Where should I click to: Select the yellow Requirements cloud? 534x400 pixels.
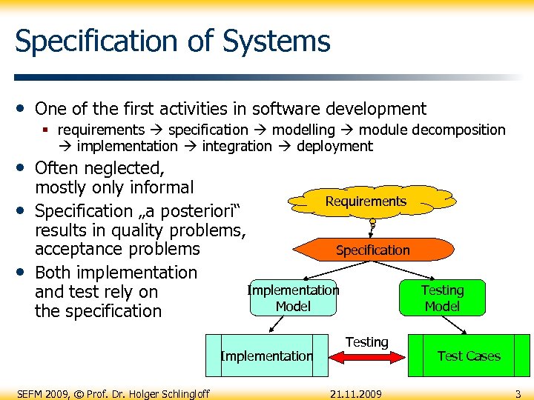point(366,201)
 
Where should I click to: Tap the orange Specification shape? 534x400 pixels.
point(372,250)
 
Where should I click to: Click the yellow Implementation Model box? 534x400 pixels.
point(293,298)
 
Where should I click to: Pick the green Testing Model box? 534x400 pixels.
point(442,298)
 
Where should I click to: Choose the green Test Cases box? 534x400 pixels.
point(469,356)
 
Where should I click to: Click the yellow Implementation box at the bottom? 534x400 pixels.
point(266,356)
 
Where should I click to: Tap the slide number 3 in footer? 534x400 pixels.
point(518,393)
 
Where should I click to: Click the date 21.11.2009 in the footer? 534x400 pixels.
point(356,393)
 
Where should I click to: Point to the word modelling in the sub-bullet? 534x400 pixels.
point(303,130)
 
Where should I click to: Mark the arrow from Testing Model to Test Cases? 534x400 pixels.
point(453,324)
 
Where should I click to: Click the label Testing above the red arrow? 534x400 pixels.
point(366,341)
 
